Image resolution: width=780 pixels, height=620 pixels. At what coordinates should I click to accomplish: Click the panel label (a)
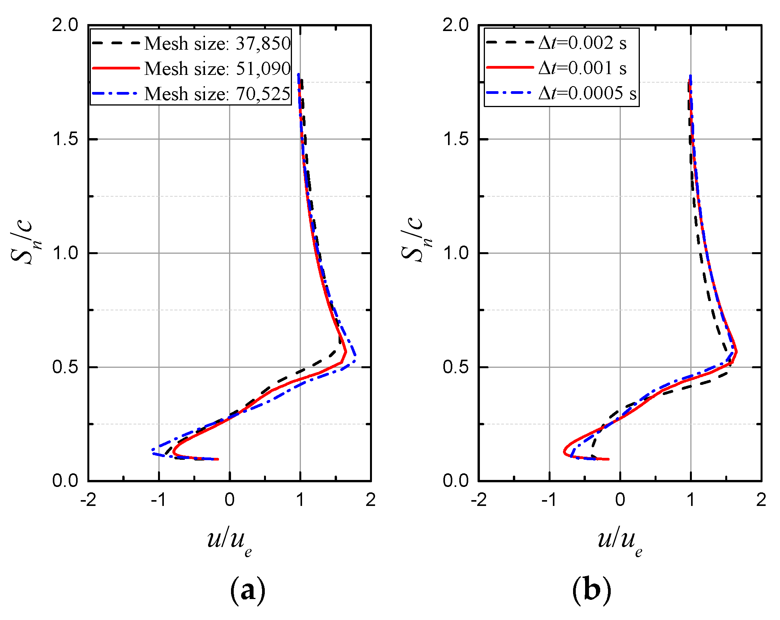click(x=248, y=591)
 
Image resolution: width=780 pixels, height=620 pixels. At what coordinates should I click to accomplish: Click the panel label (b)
click(x=591, y=591)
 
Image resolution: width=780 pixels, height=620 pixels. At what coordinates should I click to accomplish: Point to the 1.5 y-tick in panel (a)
click(x=65, y=139)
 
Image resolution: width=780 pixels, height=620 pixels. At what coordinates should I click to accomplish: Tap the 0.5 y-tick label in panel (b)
click(x=456, y=367)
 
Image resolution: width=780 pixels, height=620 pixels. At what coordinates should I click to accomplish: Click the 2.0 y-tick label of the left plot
click(x=65, y=25)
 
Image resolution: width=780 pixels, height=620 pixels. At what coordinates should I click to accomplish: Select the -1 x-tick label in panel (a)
click(x=159, y=500)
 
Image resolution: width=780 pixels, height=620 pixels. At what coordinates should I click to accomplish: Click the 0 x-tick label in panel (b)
click(x=620, y=500)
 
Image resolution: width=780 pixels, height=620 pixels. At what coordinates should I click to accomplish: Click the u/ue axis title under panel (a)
click(x=230, y=541)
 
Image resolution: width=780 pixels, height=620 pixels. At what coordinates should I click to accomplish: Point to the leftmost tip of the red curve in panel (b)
click(x=564, y=452)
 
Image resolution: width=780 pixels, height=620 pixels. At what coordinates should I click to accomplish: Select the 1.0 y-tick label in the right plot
click(x=456, y=253)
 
